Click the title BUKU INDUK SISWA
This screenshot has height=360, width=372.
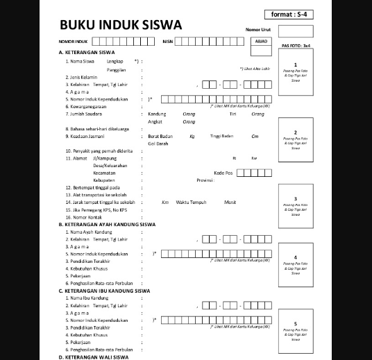click(121, 25)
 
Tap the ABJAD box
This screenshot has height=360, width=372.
click(262, 41)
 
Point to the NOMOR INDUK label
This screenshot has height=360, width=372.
click(73, 42)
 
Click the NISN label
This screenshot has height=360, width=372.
click(167, 42)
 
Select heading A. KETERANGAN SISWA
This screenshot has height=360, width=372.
click(87, 53)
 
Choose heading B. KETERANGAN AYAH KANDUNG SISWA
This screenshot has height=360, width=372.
click(107, 224)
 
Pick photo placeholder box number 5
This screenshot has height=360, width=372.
click(295, 331)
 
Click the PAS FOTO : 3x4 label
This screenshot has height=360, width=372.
click(296, 46)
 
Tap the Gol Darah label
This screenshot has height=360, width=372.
click(158, 143)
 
